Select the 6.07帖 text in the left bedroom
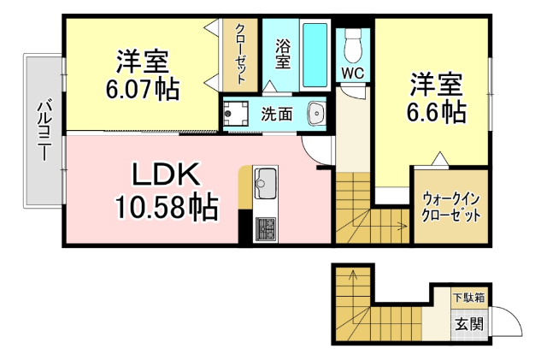(143, 89)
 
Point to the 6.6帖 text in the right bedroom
(437, 111)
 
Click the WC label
(352, 74)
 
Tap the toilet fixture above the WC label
(352, 43)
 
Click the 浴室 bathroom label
(282, 53)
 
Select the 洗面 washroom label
(277, 113)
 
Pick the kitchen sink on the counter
(265, 183)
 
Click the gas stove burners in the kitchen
(265, 228)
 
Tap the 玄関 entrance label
(468, 325)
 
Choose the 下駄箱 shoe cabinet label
(468, 298)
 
